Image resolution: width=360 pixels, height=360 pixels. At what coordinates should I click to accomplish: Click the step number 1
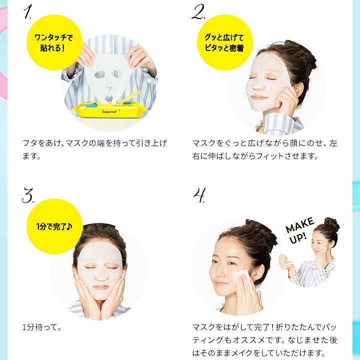pos(27,11)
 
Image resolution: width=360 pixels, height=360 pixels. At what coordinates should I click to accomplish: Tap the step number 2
pos(198,11)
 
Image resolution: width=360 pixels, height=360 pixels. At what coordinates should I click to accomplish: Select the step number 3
pos(28,195)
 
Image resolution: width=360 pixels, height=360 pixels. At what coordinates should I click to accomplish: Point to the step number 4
pos(199,195)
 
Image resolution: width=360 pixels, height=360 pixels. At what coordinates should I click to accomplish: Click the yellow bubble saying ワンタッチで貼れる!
pos(54,42)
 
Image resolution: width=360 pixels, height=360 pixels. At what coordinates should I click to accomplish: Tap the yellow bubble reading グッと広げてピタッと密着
pos(225,42)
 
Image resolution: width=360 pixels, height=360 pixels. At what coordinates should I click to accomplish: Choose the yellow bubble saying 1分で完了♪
pos(54,226)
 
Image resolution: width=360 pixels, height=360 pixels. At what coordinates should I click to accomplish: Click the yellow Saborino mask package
pos(109,110)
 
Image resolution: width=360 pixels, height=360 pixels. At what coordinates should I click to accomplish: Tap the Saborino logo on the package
pos(109,112)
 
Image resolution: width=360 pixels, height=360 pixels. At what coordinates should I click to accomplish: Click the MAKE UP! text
pos(299,230)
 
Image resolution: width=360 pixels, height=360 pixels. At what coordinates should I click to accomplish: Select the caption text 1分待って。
pos(42,327)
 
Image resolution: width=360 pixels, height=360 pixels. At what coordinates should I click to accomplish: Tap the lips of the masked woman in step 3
pos(100,287)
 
